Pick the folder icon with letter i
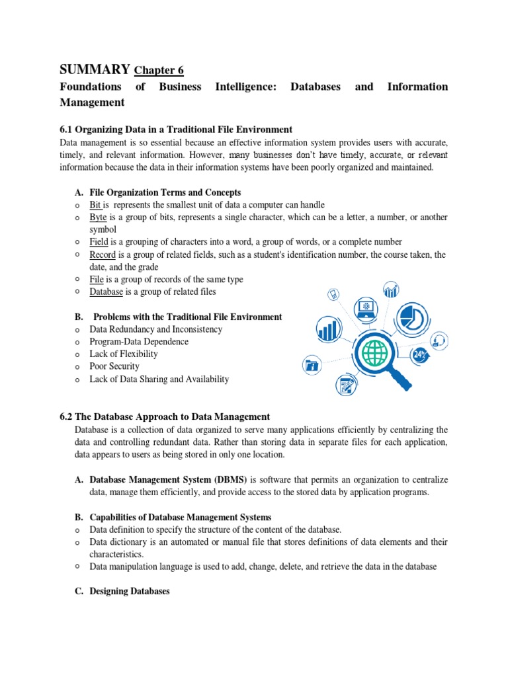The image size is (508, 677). [x=312, y=364]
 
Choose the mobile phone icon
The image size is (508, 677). [x=334, y=294]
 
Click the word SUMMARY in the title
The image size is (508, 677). [x=95, y=69]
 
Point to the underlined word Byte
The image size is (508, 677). [x=99, y=217]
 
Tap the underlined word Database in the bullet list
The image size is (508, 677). [x=107, y=292]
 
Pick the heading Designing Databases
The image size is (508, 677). [x=130, y=592]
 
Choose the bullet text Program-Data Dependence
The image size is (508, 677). [x=139, y=342]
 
